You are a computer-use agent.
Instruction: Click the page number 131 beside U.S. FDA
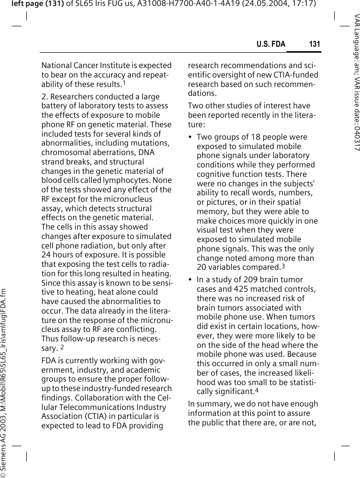point(314,45)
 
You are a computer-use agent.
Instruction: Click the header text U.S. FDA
point(271,45)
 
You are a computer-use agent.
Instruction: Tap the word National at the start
point(56,65)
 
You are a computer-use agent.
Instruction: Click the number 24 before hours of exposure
point(47,255)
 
